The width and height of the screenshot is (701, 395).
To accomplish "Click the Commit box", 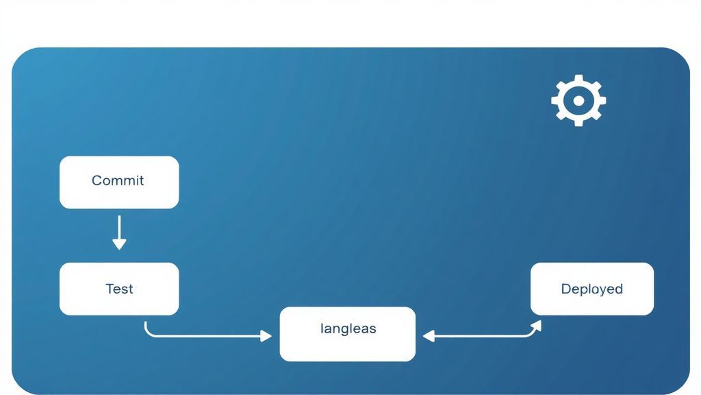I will click(x=119, y=182).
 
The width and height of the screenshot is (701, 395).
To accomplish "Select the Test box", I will click(x=119, y=289).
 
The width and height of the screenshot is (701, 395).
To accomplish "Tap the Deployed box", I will click(x=592, y=289).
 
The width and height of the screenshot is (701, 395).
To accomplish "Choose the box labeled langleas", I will click(x=347, y=334).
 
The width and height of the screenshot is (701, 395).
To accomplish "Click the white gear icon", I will click(x=578, y=101).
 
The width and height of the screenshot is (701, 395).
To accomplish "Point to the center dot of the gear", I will click(x=578, y=101).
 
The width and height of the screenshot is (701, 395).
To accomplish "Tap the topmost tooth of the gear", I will click(x=578, y=78).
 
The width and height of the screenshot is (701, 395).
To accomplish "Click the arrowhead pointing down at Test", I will click(x=119, y=244).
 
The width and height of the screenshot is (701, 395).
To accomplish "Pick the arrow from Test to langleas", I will click(x=205, y=336).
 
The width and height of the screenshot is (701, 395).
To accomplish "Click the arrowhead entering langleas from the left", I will click(x=266, y=336).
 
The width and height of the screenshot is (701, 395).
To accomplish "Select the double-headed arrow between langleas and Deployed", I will click(x=479, y=336).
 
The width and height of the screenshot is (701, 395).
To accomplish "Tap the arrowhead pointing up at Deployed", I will click(x=536, y=324).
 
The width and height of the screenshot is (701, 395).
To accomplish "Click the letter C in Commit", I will click(x=96, y=181).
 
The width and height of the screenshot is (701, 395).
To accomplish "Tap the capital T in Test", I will click(x=109, y=289).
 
